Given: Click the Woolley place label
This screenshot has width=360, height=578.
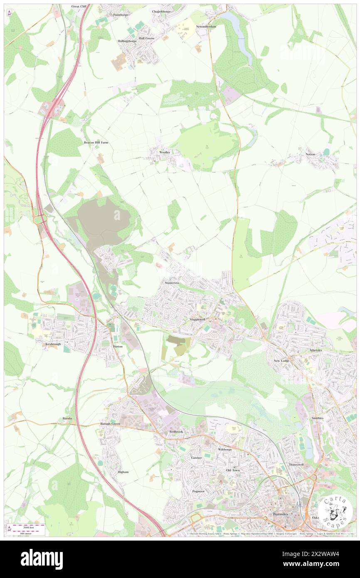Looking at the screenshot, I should pyautogui.click(x=165, y=153).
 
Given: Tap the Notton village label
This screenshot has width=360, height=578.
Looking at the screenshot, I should pyautogui.click(x=310, y=154).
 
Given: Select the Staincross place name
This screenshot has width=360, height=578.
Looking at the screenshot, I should pyautogui.click(x=172, y=283).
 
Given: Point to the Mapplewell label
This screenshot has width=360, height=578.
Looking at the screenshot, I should pyautogui.click(x=198, y=319).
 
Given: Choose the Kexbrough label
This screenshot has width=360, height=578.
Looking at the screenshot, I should pyautogui.click(x=54, y=344).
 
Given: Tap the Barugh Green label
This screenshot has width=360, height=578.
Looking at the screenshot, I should pyautogui.click(x=110, y=424).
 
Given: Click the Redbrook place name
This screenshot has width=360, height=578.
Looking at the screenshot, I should pyautogui.click(x=176, y=432).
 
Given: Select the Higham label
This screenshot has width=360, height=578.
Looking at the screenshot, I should pyautogui.click(x=123, y=472).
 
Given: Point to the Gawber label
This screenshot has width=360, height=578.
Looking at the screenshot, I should pyautogui.click(x=196, y=457).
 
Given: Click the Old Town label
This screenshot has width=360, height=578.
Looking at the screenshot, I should pyautogui.click(x=232, y=470).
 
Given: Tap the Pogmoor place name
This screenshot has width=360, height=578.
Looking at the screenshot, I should pyautogui.click(x=198, y=491).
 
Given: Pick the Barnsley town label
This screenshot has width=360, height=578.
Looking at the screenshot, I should pyautogui.click(x=280, y=514).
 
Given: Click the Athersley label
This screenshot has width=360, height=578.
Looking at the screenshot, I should pyautogui.click(x=316, y=350).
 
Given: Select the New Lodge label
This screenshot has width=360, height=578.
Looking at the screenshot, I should pyautogui.click(x=281, y=361).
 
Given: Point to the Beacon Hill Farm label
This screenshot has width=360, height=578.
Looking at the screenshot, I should pyautogui.click(x=96, y=142).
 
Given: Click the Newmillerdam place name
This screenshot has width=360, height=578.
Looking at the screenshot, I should pyautogui.click(x=206, y=26).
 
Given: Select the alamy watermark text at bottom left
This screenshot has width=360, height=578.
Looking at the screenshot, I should pyautogui.click(x=42, y=558).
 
